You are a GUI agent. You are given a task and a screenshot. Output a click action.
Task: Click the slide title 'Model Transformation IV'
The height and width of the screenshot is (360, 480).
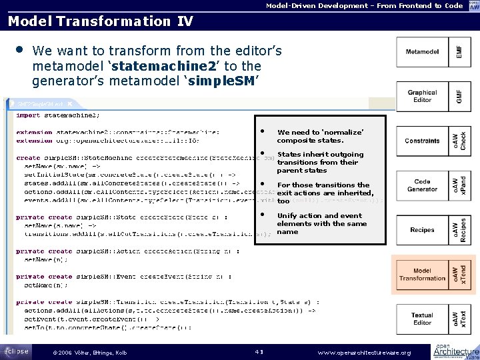(x=100, y=21)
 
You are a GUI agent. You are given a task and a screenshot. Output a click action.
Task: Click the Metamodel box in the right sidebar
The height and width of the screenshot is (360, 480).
(x=422, y=51)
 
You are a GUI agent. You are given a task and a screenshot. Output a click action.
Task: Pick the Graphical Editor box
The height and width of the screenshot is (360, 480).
(x=422, y=96)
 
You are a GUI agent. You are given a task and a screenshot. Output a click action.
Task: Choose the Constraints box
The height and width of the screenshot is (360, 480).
(x=422, y=141)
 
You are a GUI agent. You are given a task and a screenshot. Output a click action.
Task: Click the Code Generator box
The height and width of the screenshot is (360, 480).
(x=422, y=185)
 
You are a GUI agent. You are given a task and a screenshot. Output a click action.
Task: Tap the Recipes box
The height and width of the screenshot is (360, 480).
(x=422, y=230)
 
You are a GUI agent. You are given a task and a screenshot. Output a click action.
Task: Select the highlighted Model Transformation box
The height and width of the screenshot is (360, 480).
(x=422, y=274)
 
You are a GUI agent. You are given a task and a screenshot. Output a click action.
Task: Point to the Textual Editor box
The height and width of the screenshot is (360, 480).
(x=422, y=319)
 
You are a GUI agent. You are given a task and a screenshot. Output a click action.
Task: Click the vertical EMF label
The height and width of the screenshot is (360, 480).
(x=457, y=51)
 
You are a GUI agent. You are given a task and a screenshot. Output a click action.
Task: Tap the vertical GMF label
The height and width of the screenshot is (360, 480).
(x=457, y=96)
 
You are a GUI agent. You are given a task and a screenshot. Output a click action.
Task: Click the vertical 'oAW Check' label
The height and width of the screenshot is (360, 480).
(x=459, y=141)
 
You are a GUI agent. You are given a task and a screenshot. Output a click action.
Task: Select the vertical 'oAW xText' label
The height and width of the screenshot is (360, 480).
(x=459, y=319)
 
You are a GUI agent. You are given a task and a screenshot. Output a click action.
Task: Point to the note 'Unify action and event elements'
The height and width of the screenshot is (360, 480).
(x=321, y=223)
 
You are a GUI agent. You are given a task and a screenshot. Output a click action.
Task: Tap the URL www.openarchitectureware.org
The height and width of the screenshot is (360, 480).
(x=364, y=352)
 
